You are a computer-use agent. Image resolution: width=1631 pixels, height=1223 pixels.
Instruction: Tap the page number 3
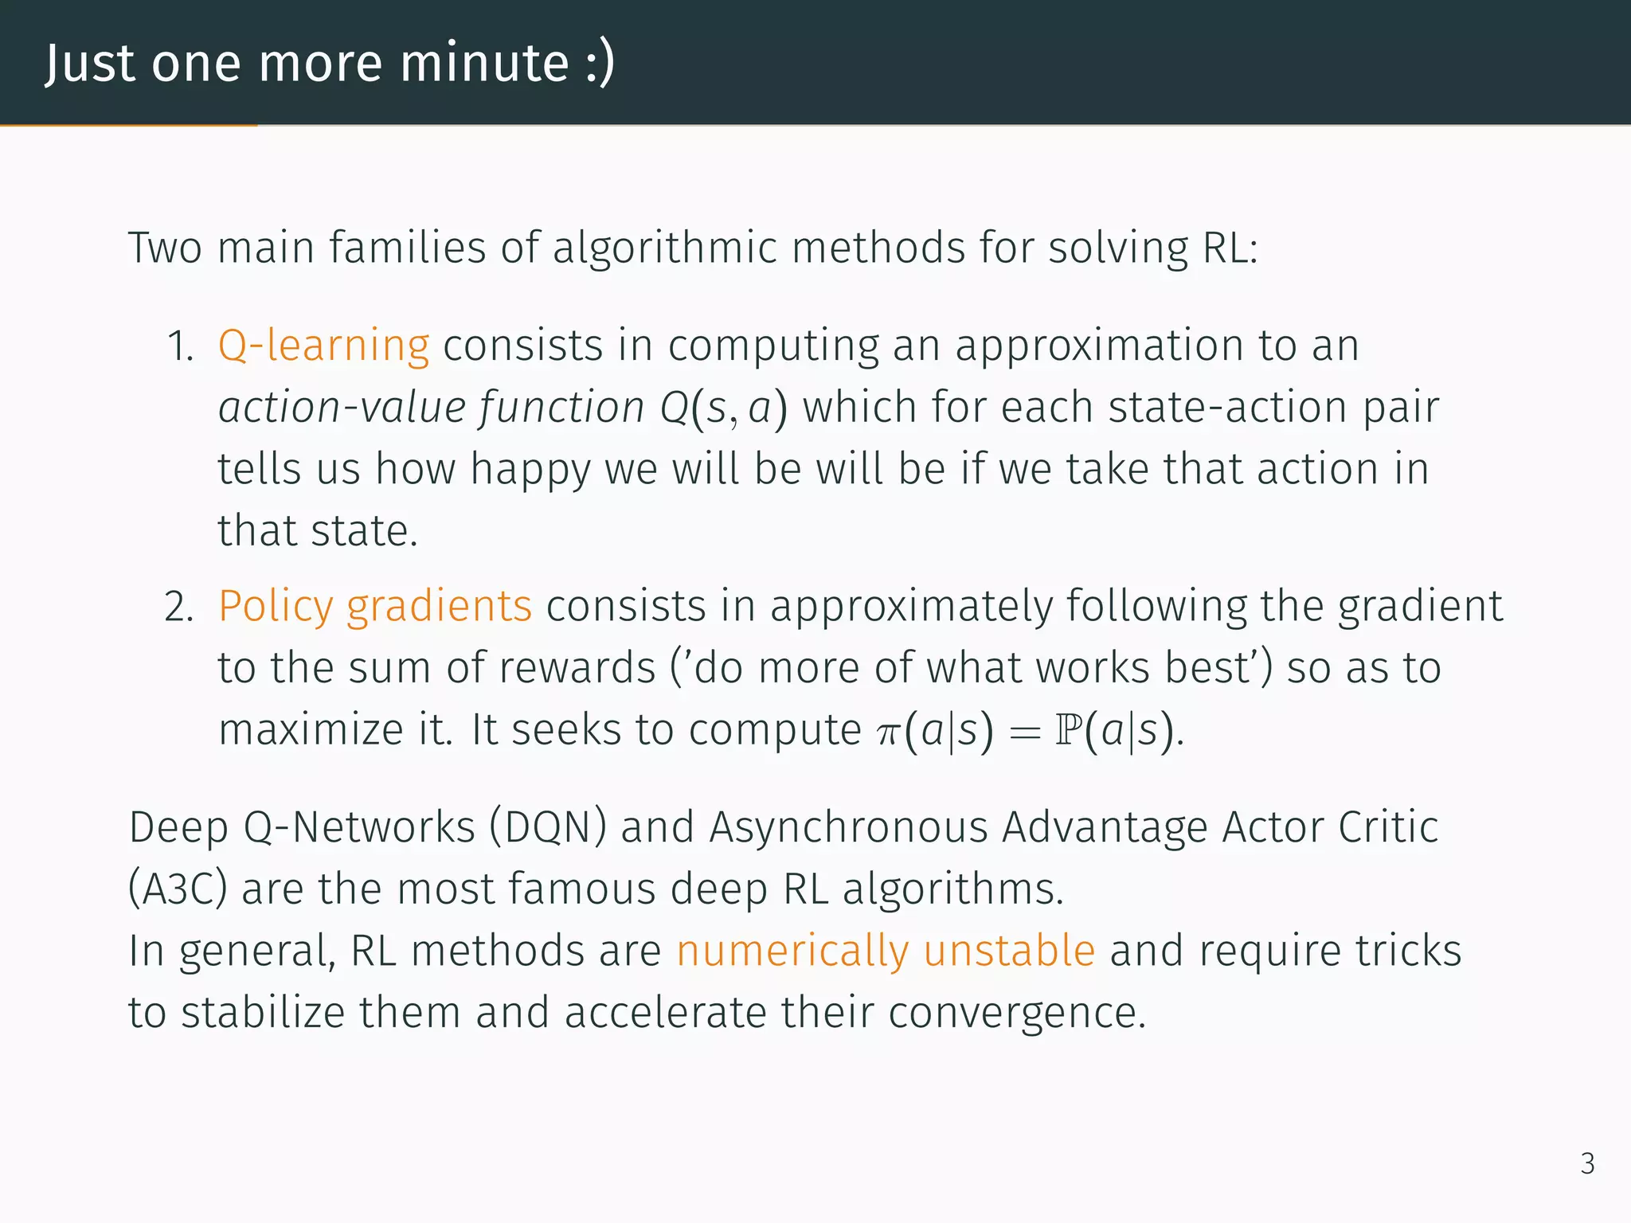(x=1587, y=1164)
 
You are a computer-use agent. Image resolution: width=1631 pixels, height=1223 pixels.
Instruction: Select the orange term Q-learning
(x=323, y=346)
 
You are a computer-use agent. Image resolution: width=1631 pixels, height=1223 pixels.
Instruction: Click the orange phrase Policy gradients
(x=375, y=607)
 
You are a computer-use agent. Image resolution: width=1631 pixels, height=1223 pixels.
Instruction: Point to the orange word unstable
(x=1009, y=951)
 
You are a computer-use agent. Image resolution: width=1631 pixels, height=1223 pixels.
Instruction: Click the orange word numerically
(x=792, y=952)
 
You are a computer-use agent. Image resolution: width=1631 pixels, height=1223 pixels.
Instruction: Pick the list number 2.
(x=179, y=608)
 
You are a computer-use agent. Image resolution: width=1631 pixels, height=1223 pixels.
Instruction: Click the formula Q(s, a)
(x=723, y=408)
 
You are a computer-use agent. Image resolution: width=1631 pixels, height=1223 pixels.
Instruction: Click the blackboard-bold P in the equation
(x=1067, y=730)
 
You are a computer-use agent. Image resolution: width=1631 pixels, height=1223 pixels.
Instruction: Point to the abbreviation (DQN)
(x=548, y=828)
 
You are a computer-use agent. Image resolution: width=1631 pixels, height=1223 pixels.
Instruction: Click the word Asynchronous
(x=848, y=828)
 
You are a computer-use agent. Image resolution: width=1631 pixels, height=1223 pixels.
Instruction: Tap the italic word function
(x=561, y=408)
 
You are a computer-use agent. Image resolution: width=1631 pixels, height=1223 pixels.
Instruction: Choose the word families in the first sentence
(x=407, y=248)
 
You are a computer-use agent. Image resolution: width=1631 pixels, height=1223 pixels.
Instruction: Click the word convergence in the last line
(x=1016, y=1014)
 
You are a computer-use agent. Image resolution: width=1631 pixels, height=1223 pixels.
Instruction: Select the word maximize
(x=311, y=730)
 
